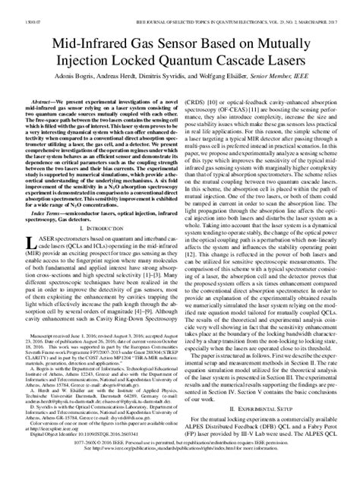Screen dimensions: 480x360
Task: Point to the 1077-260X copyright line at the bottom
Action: (180, 463)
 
